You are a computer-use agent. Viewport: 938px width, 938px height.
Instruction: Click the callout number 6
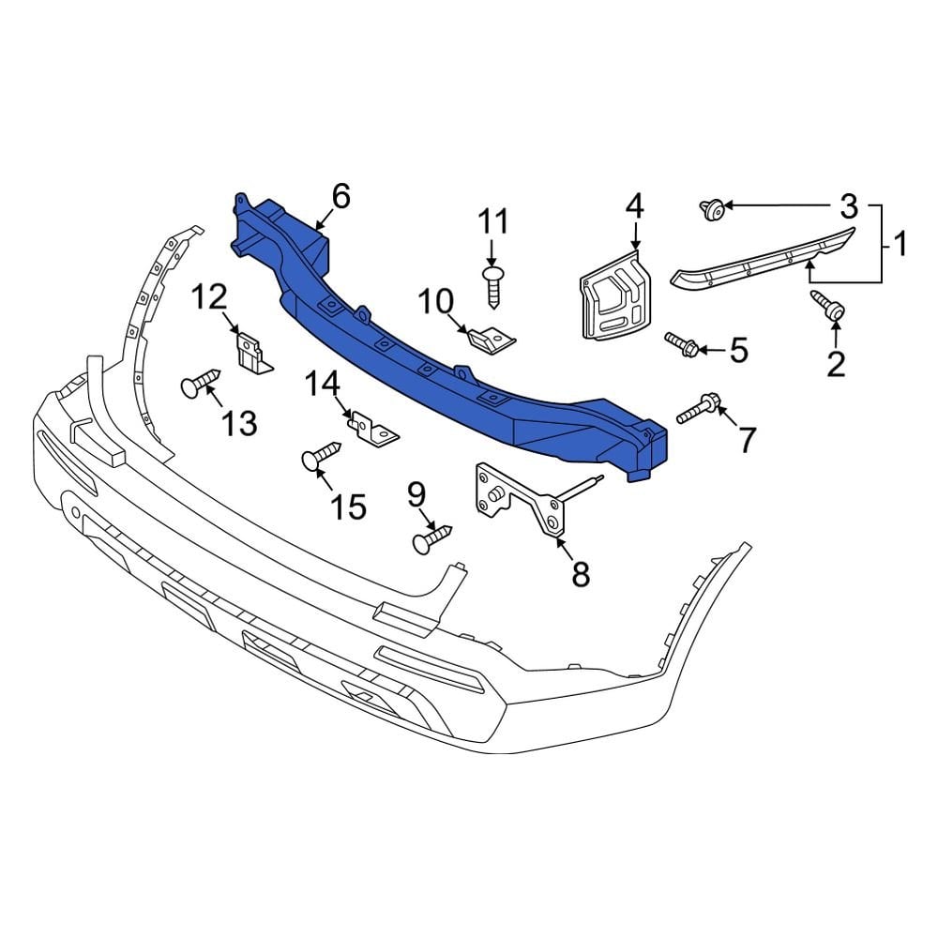click(x=340, y=196)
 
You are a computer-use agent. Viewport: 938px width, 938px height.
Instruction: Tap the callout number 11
click(x=493, y=222)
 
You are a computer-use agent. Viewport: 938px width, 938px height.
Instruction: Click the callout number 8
click(x=581, y=573)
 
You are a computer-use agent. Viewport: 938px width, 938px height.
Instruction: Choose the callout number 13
click(x=240, y=423)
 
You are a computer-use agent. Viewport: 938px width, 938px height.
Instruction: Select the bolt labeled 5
click(x=682, y=344)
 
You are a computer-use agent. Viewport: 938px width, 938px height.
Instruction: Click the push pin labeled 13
click(x=199, y=384)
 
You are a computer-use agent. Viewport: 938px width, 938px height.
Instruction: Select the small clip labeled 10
click(x=491, y=337)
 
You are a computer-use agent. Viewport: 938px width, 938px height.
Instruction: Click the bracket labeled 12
click(x=252, y=353)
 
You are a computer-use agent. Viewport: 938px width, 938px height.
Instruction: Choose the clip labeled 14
click(x=373, y=431)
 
